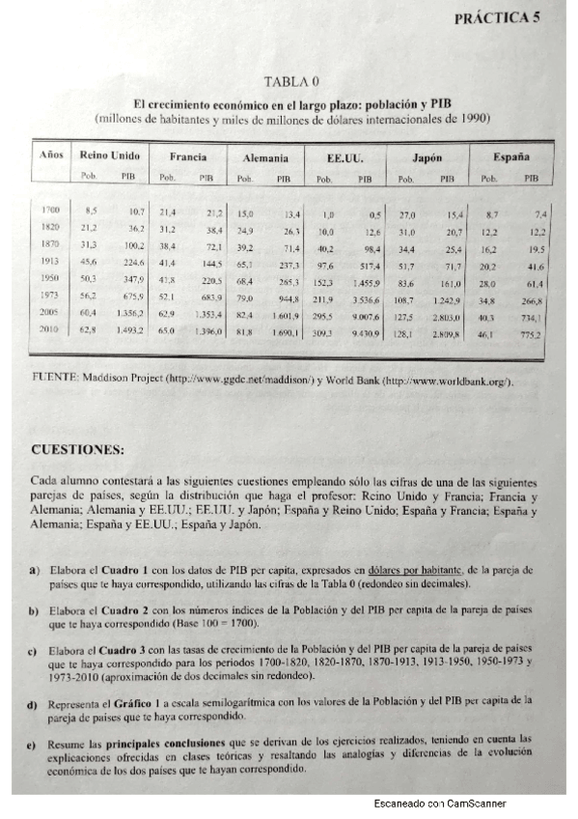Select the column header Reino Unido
click(x=109, y=155)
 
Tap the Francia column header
click(x=188, y=156)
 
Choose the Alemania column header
click(x=264, y=157)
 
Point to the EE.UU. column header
click(x=345, y=157)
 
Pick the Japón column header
click(x=427, y=157)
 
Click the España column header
click(x=510, y=155)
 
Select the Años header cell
click(x=51, y=155)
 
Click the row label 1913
click(x=50, y=261)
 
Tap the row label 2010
click(x=50, y=330)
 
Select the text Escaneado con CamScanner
click(x=439, y=804)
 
